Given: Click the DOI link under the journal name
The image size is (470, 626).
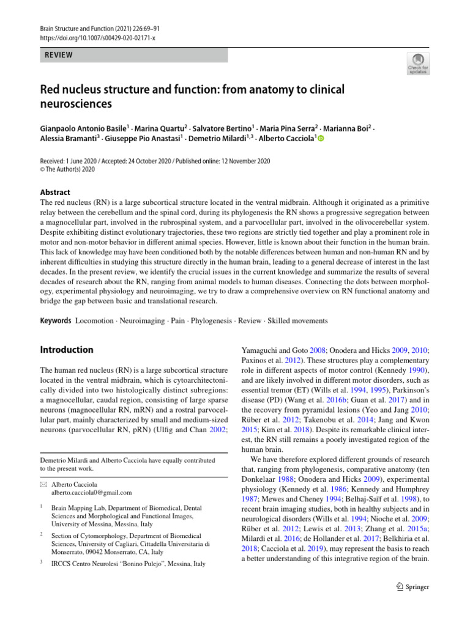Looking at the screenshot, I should coord(98,38).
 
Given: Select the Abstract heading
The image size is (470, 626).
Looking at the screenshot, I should coord(55,192).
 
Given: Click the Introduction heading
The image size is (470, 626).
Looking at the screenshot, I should coord(67,350).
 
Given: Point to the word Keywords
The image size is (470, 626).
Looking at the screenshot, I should coord(55,320).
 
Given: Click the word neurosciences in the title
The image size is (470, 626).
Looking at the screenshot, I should coord(76,103).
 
